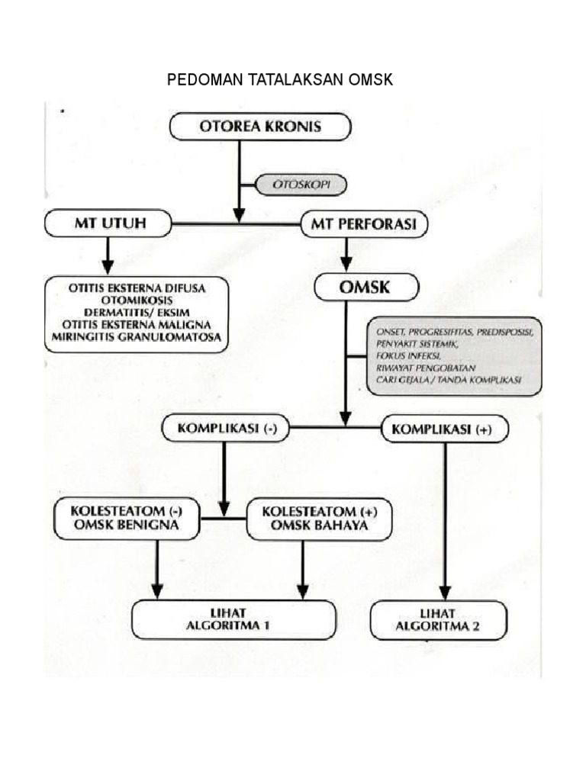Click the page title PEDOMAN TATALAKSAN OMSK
pos(280,79)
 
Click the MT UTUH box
pos(106,223)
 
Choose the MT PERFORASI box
pos(364,223)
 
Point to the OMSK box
pos(366,288)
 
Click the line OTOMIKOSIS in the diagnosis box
pos(135,301)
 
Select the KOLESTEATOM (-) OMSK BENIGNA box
pos(127,519)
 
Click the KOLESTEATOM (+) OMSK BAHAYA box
pos(318,519)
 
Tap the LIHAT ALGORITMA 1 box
pos(233,619)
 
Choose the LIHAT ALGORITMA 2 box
pos(439,619)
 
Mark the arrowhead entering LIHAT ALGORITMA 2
pos(444,592)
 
